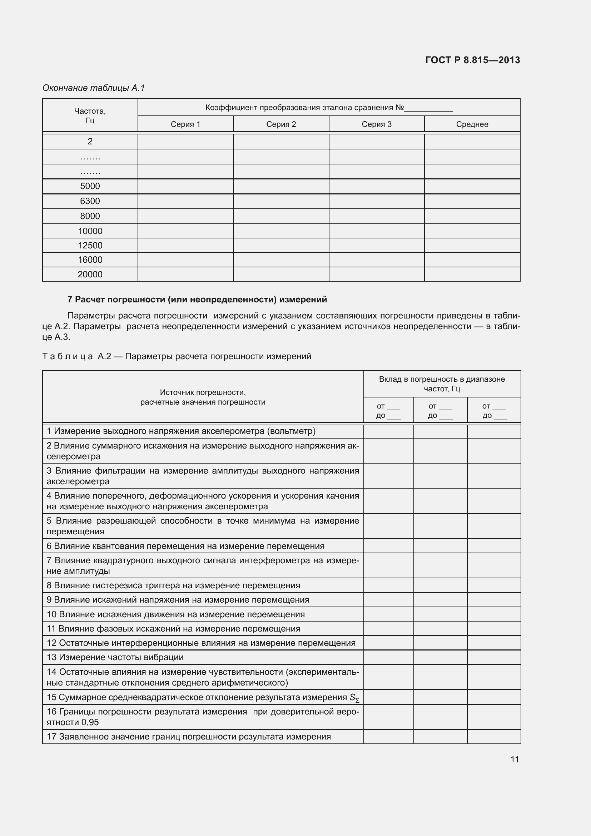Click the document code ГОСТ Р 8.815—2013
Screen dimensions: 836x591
472,60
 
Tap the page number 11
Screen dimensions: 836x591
514,759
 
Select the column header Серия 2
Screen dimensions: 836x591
281,124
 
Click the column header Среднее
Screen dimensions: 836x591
472,124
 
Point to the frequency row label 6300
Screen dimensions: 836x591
90,201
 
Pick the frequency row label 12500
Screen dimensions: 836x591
90,246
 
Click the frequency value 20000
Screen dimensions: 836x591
90,274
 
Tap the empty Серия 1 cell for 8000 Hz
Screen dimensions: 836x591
185,216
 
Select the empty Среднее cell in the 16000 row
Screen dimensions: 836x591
472,260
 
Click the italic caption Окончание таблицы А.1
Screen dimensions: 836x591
94,88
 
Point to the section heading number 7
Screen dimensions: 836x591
70,299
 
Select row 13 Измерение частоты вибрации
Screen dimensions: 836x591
115,657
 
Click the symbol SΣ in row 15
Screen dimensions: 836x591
354,698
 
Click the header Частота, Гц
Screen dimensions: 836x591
90,115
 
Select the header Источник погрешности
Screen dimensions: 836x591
203,392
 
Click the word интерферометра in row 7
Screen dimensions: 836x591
271,560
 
